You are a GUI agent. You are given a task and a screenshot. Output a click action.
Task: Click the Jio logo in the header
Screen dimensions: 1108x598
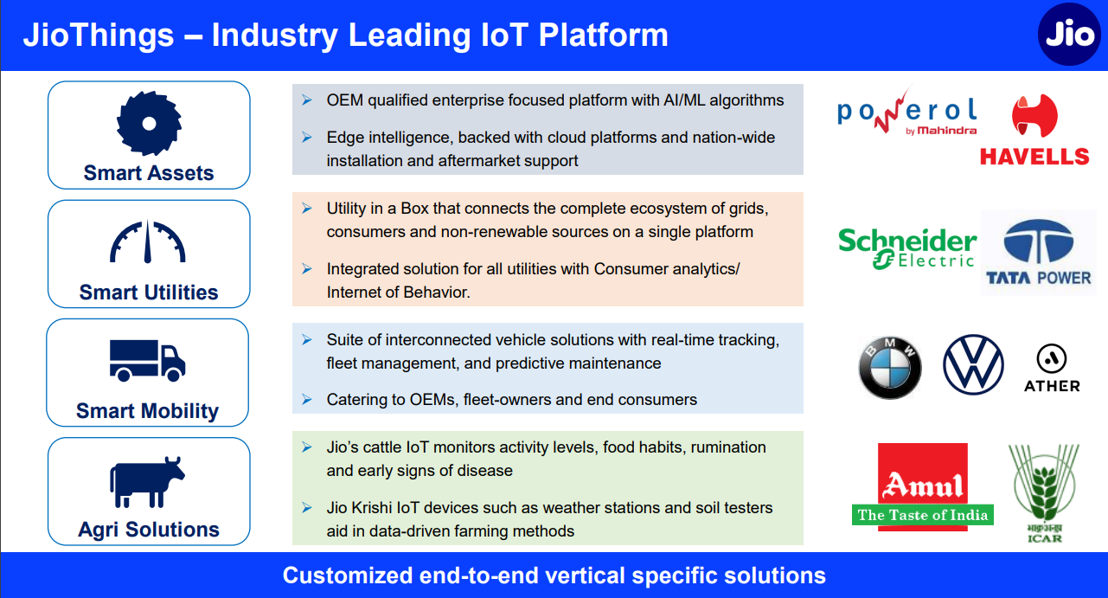pyautogui.click(x=1069, y=35)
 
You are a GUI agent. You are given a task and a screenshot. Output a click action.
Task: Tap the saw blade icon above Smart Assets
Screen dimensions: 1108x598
pyautogui.click(x=149, y=123)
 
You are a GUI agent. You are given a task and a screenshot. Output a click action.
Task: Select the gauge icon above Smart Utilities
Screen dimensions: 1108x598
pyautogui.click(x=147, y=241)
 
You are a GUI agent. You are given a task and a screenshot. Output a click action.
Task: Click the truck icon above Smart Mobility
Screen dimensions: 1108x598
pyautogui.click(x=147, y=360)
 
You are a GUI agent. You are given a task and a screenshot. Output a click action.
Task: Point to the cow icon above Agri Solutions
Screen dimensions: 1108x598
pyautogui.click(x=147, y=482)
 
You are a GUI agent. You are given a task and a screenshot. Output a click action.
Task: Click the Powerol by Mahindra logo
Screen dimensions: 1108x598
pyautogui.click(x=907, y=112)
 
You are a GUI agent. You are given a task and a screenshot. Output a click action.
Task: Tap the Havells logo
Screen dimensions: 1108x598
pyautogui.click(x=1034, y=130)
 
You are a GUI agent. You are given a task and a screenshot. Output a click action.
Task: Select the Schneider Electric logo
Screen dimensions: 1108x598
pyautogui.click(x=907, y=248)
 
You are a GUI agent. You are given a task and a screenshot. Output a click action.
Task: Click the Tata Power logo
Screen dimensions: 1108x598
pyautogui.click(x=1039, y=253)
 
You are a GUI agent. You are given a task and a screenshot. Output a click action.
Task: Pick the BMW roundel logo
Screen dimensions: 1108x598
pyautogui.click(x=890, y=368)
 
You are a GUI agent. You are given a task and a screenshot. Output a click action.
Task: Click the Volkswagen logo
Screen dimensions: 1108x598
pyautogui.click(x=973, y=365)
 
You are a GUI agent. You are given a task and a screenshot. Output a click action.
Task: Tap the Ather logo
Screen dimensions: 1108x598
pyautogui.click(x=1052, y=369)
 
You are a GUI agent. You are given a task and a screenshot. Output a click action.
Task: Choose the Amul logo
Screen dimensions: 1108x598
pyautogui.click(x=923, y=487)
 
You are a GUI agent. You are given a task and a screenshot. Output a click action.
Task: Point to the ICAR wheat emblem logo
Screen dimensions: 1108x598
pyautogui.click(x=1044, y=493)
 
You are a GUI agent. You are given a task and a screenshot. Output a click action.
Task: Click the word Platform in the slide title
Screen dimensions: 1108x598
pyautogui.click(x=604, y=35)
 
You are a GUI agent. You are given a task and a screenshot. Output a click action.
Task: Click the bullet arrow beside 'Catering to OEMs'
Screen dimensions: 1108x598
pyautogui.click(x=307, y=400)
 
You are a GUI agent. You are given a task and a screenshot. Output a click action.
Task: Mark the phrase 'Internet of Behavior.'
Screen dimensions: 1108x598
pyautogui.click(x=398, y=293)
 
